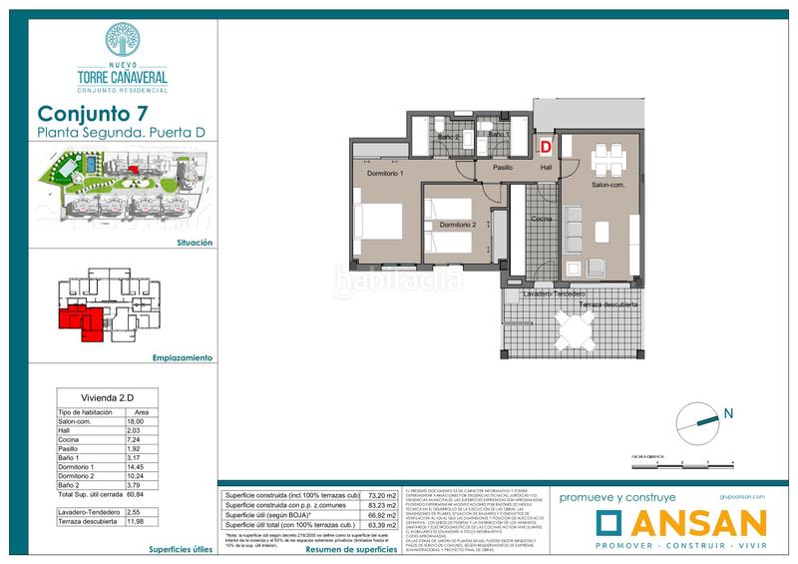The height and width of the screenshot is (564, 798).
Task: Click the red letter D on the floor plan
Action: [546, 146]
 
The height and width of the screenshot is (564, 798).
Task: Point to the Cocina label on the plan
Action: [542, 218]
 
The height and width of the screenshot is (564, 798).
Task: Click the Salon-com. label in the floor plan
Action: [607, 185]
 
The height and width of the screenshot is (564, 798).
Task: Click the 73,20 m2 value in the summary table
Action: [381, 496]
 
